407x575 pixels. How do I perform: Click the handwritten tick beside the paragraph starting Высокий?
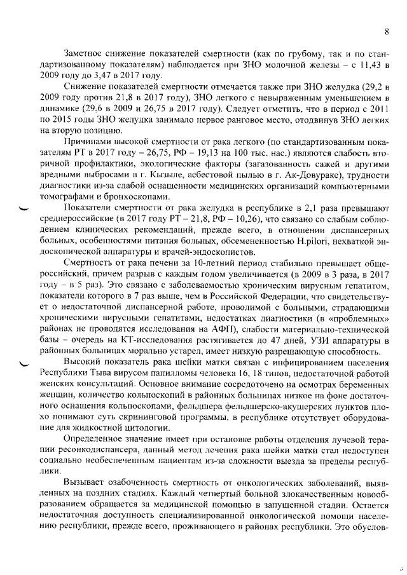point(24,364)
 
